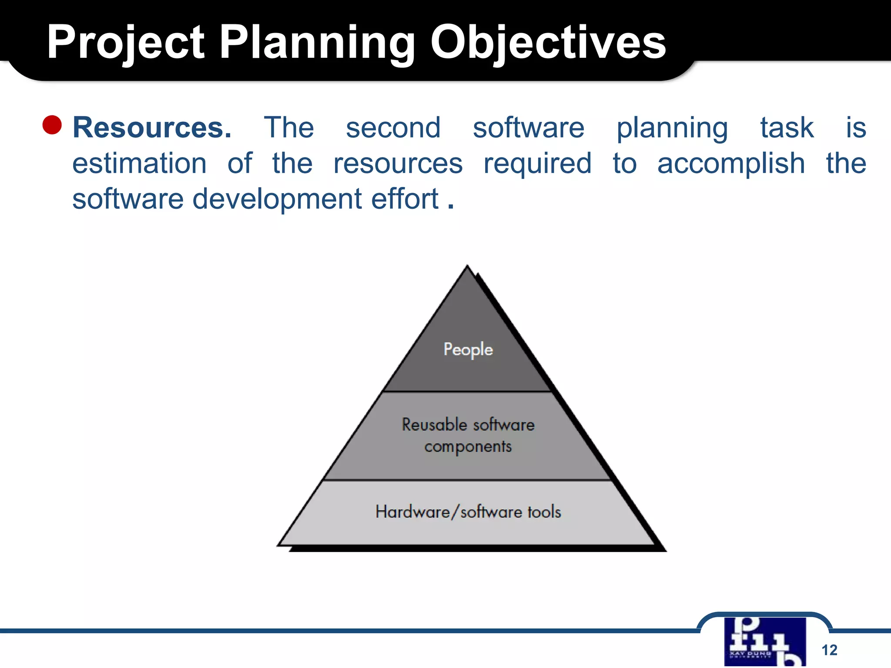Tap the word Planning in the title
click(317, 43)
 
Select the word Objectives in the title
click(548, 43)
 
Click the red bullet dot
click(52, 125)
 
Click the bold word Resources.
click(152, 128)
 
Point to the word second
click(393, 128)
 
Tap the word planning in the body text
click(672, 129)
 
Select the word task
click(787, 128)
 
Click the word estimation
click(139, 164)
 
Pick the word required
click(537, 164)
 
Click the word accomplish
click(731, 164)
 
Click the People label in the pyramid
click(468, 349)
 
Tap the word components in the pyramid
click(468, 447)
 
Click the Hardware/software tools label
click(468, 512)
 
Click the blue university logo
click(764, 641)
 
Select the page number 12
click(829, 650)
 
